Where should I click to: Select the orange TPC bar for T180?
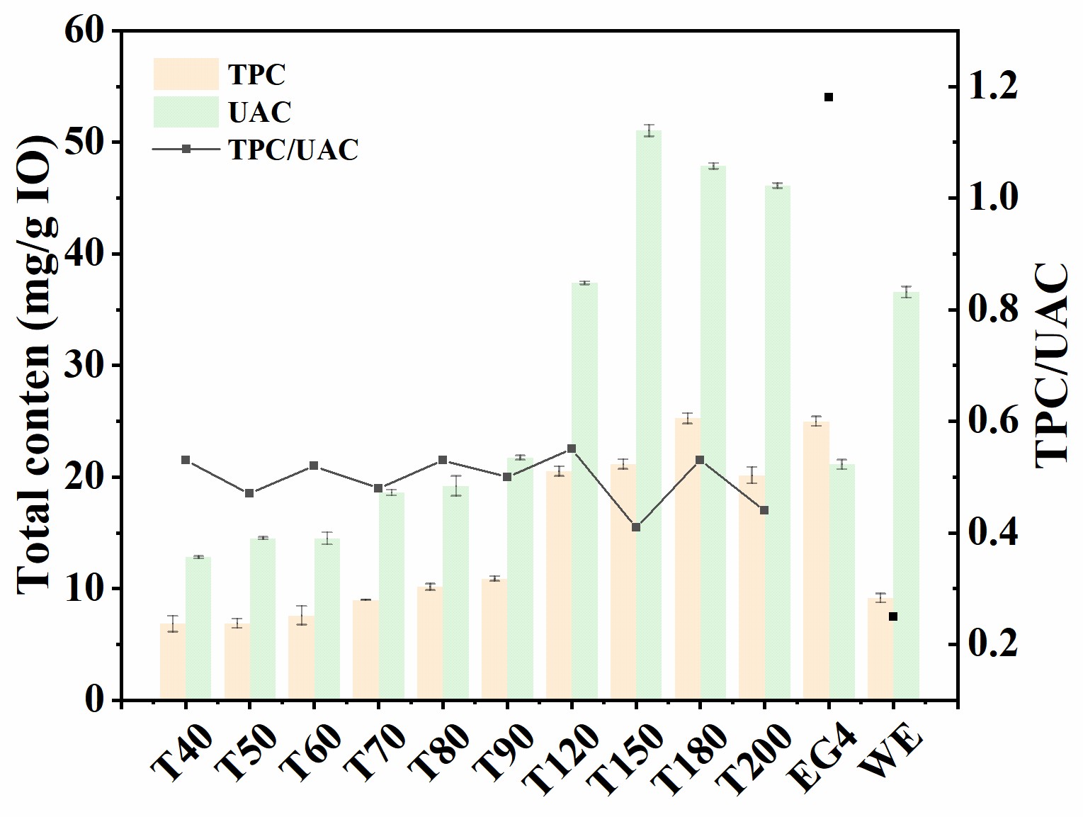pyautogui.click(x=687, y=560)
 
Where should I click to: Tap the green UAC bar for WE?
pyautogui.click(x=906, y=496)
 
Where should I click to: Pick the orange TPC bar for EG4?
pyautogui.click(x=816, y=560)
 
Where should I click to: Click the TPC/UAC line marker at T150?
pyautogui.click(x=636, y=527)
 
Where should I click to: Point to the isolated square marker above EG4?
pyautogui.click(x=829, y=97)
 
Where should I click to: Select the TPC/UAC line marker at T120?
pyautogui.click(x=572, y=449)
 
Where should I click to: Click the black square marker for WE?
pyautogui.click(x=893, y=616)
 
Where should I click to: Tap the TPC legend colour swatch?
pyautogui.click(x=186, y=74)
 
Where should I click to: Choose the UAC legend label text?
pyautogui.click(x=260, y=112)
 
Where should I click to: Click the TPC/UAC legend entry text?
pyautogui.click(x=293, y=150)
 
